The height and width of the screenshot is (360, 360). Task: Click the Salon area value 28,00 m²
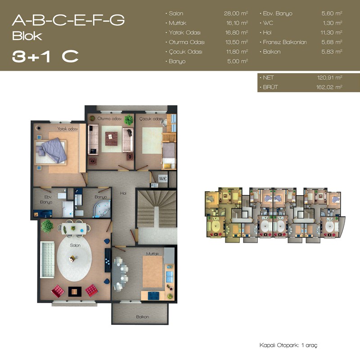[x=236, y=13]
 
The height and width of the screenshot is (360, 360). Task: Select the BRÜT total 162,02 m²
[x=329, y=87]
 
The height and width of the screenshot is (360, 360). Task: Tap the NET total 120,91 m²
[x=330, y=77]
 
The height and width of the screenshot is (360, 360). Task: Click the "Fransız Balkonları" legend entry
[x=285, y=42]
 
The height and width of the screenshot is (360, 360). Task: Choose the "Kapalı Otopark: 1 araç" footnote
[x=288, y=345]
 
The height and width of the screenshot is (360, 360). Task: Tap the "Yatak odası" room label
[x=67, y=129]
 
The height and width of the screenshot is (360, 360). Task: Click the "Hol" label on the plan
[x=123, y=193]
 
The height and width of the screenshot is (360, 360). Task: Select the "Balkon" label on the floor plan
[x=142, y=317]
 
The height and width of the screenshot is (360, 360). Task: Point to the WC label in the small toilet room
[x=163, y=178]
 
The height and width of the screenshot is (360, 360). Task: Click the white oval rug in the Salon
[x=74, y=258]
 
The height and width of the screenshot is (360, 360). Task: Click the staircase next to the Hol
[x=157, y=208]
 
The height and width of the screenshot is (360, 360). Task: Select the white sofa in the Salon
[x=47, y=260]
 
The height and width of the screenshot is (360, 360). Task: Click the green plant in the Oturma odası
[x=129, y=120]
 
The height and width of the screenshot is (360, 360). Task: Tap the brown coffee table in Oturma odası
[x=111, y=139]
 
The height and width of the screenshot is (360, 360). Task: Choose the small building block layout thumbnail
[x=275, y=215]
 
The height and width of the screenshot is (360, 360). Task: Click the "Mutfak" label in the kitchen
[x=153, y=254]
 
